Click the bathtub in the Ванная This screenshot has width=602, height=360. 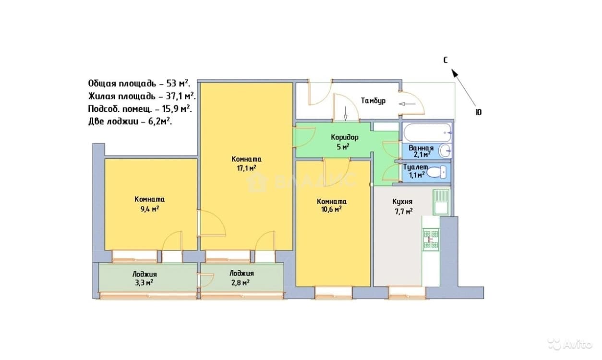427,132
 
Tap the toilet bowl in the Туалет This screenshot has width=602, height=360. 436,172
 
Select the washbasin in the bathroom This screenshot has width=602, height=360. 445,150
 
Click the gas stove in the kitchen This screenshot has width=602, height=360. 431,239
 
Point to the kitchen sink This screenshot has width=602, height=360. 441,202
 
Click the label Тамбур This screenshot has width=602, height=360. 373,101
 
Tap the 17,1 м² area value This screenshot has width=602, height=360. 246,168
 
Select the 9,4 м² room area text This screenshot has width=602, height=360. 150,209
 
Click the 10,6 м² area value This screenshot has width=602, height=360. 331,209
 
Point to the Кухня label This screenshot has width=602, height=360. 402,202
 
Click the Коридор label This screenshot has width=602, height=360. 345,138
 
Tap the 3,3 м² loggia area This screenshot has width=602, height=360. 144,283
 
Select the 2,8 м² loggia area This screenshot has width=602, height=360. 240,283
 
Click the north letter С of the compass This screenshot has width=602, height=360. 445,60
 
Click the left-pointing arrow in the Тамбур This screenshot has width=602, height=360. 407,104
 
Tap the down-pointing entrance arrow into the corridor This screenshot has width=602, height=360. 346,113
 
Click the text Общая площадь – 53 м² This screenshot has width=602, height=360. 139,84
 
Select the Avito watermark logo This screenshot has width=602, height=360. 569,344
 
